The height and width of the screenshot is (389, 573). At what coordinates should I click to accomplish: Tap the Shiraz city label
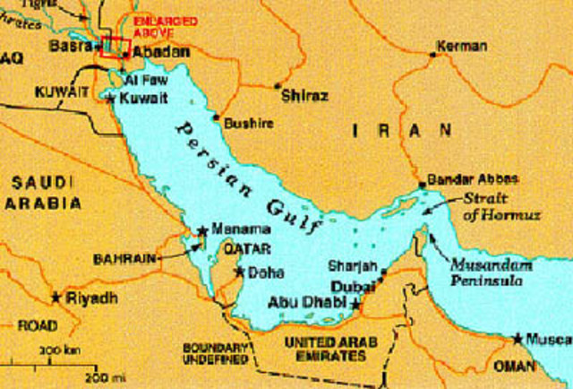pos(304,94)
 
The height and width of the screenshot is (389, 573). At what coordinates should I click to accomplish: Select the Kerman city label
pos(462,46)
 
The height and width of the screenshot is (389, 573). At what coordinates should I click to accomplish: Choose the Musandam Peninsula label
pos(492,274)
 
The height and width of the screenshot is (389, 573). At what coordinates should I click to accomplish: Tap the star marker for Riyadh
pos(56,296)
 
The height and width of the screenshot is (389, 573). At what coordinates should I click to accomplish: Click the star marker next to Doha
pos(239,271)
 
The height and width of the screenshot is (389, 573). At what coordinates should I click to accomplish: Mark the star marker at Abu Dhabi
pos(355,305)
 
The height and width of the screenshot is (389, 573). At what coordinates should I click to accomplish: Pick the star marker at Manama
pos(202,230)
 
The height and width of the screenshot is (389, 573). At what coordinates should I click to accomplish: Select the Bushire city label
pos(248,123)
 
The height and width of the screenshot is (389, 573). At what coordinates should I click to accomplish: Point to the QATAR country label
pos(241,247)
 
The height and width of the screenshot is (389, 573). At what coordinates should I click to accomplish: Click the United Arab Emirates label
pos(330,350)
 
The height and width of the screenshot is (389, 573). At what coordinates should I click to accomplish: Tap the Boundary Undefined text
pos(215,353)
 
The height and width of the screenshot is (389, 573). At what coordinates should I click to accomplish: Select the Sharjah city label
pos(348,266)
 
